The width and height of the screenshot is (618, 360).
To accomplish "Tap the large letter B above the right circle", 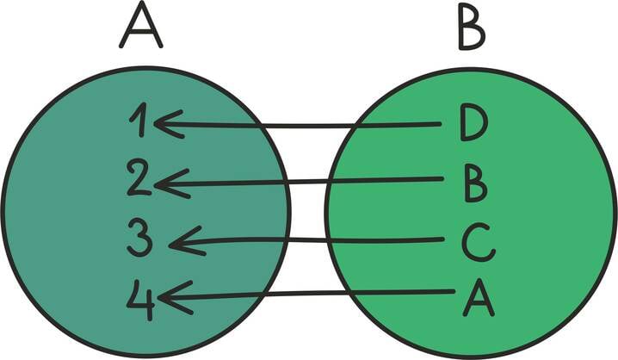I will click(x=472, y=28).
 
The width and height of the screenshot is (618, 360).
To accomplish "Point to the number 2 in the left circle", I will click(x=139, y=179).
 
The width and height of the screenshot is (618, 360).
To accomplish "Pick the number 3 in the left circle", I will click(x=140, y=239).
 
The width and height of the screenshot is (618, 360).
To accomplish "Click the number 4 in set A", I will click(x=140, y=297).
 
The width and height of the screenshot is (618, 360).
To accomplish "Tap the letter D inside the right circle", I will click(x=473, y=124).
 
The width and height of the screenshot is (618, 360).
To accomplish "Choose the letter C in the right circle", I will click(x=477, y=243).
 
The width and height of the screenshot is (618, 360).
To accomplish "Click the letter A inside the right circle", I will click(x=478, y=298).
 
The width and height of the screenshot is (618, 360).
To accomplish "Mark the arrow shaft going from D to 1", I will click(x=310, y=126).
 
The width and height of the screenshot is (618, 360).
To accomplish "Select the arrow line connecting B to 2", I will click(x=310, y=181).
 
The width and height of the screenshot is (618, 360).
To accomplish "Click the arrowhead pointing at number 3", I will click(x=181, y=242).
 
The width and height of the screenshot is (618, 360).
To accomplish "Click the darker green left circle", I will click(x=77, y=215).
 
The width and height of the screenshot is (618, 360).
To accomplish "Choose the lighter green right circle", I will click(x=551, y=215).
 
